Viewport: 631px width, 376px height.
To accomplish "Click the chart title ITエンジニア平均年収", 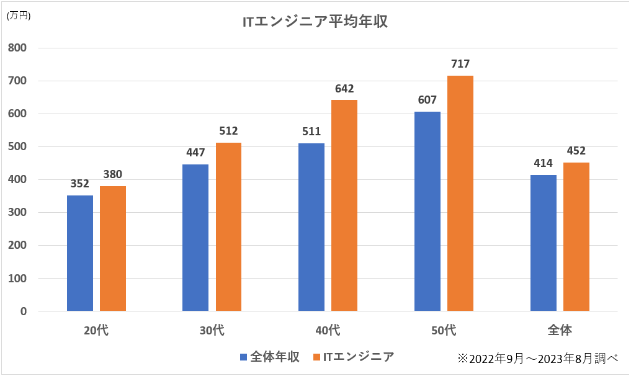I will point(315,22).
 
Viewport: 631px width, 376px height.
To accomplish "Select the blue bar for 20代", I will point(80,253).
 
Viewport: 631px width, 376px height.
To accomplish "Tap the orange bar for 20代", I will point(113,248).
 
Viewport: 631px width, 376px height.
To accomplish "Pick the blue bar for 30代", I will point(195,238).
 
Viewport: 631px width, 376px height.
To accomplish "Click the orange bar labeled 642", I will point(344,205).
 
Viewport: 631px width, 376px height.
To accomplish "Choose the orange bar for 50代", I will point(460,193).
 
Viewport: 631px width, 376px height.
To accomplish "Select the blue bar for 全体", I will point(544,243).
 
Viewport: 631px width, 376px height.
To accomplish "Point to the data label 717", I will point(460,64).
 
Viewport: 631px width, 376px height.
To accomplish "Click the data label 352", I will point(80,184).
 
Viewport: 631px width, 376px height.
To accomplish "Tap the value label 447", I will point(195,153).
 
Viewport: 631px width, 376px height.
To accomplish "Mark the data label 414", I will point(544,163).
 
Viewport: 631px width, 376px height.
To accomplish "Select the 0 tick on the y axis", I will point(23,311).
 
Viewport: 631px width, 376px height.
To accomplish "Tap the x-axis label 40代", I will point(328,330).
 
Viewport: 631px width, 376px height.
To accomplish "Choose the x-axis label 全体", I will point(560,330).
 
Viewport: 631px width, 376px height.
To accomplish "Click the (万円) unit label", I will point(18,16).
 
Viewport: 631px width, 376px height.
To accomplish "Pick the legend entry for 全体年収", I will point(271,357).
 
